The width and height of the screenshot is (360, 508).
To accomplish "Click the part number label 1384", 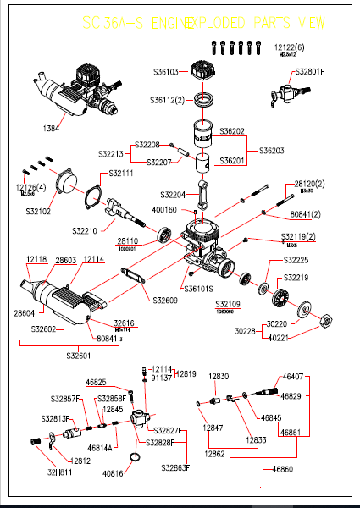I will click(51, 128).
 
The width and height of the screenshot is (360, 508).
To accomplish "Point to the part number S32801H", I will click(309, 72).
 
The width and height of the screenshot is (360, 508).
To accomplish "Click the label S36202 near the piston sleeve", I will click(232, 131).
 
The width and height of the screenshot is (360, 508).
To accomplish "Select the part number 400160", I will click(164, 209).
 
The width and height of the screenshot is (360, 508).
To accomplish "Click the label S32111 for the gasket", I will click(121, 174).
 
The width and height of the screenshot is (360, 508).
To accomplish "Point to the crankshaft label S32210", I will click(92, 230).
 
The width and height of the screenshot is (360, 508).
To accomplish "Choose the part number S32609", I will click(165, 300).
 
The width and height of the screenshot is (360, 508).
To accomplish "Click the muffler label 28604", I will click(25, 313).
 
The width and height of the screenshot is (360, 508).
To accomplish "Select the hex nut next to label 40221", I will click(323, 319).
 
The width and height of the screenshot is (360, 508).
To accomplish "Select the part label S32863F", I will click(175, 467).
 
